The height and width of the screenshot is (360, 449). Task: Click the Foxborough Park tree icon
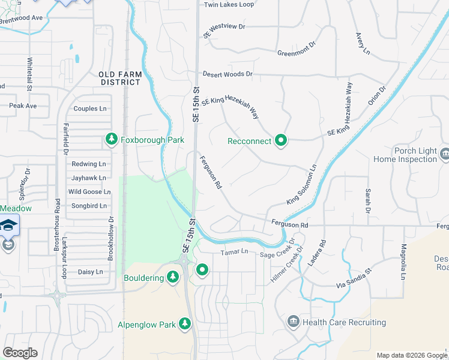pos(111,139)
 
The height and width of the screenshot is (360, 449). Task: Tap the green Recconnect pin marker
pos(281,141)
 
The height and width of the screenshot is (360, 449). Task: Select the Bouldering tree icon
pos(173,278)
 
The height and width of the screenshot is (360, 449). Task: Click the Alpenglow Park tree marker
pos(185,325)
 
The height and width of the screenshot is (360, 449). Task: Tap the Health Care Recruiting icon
pos(293,322)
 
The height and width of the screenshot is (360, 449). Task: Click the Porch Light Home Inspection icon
pos(444,154)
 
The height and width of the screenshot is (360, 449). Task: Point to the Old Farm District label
pos(121,78)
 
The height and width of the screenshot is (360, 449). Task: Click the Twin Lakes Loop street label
pos(229,5)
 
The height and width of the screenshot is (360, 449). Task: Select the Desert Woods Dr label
pos(228,74)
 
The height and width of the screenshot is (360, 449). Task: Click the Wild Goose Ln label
pos(89,192)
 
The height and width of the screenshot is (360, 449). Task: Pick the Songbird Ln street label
pos(89,206)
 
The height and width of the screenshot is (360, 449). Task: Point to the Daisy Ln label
pos(91,272)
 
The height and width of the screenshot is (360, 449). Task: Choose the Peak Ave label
pos(23,106)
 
